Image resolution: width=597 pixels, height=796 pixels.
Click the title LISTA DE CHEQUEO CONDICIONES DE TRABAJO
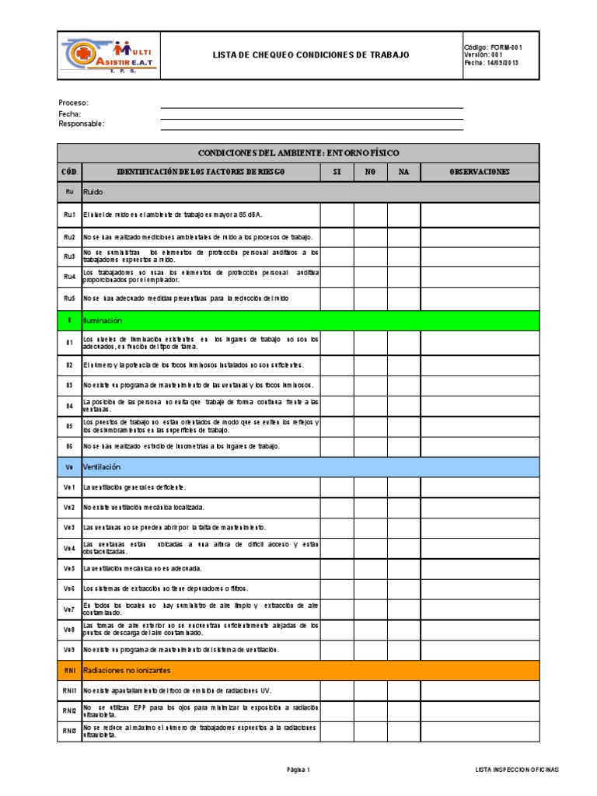[310, 55]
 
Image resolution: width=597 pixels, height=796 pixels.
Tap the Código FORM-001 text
[493, 47]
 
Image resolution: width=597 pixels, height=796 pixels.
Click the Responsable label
[81, 124]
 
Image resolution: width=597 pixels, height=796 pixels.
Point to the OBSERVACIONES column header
[479, 171]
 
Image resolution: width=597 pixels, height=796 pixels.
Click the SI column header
[337, 171]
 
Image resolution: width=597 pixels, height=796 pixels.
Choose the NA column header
[403, 171]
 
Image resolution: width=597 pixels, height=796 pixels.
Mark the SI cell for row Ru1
[337, 214]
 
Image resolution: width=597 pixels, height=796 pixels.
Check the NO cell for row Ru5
[370, 298]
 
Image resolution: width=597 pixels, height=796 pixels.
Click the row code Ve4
[69, 548]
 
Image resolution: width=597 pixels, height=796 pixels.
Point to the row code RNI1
[69, 690]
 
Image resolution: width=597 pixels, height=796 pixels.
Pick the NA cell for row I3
[403, 385]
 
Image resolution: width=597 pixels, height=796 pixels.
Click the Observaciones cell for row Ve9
[479, 649]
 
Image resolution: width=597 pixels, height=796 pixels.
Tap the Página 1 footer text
[298, 770]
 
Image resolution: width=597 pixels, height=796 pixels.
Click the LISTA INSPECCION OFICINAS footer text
[516, 770]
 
